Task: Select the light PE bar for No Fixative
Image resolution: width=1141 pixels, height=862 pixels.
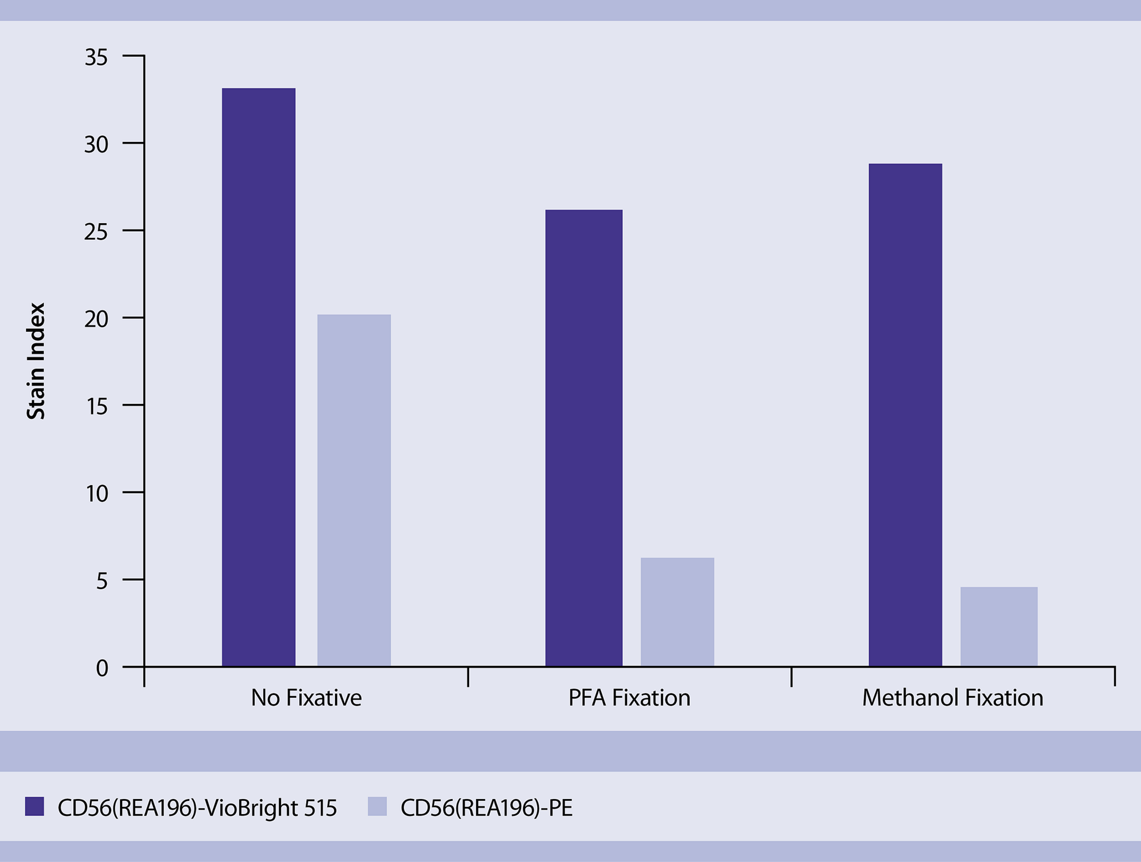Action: click(354, 490)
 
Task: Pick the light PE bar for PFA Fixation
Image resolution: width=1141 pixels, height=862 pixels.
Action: click(677, 612)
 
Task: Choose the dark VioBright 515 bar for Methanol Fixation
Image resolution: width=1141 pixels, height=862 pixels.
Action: click(906, 415)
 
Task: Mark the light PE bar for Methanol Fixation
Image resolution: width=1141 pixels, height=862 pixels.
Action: click(999, 627)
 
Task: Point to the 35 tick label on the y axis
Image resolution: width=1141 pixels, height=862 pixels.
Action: click(96, 57)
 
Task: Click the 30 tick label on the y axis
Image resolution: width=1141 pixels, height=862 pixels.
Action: click(96, 144)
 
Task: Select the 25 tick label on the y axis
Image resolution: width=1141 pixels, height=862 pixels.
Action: click(96, 231)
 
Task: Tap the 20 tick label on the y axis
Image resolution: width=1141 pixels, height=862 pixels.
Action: click(96, 319)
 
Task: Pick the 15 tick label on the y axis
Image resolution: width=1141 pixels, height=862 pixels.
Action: click(96, 406)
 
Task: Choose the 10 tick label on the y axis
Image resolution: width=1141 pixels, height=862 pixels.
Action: click(96, 494)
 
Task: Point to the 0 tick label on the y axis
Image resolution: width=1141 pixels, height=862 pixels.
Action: click(102, 668)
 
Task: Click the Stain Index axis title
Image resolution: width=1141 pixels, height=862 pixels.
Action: click(36, 361)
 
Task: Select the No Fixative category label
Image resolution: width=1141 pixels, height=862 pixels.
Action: click(306, 698)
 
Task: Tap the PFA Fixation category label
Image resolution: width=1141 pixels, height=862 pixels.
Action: click(629, 698)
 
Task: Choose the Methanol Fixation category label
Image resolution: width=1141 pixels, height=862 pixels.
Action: click(952, 698)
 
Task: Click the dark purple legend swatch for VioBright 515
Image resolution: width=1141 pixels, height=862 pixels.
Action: click(35, 806)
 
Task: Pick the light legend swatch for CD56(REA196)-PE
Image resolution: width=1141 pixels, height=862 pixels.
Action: click(377, 806)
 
